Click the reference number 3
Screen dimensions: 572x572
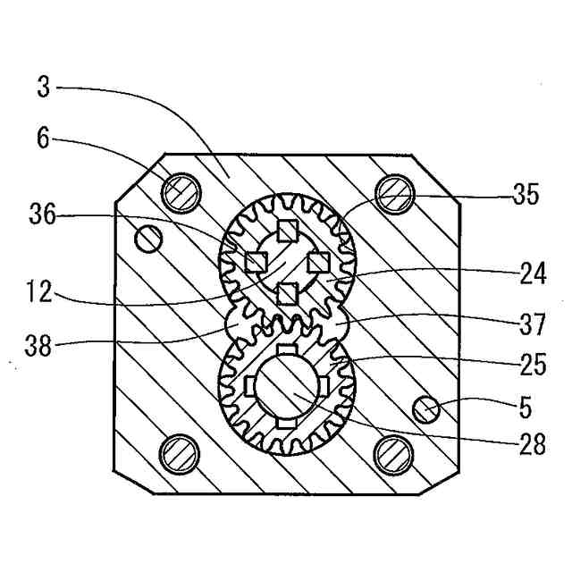tap(44, 88)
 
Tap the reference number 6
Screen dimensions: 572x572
tap(44, 139)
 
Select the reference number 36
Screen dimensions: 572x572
tap(43, 214)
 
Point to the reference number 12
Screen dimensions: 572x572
tap(39, 292)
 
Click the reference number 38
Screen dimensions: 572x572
tap(38, 346)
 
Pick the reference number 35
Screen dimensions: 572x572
tap(526, 195)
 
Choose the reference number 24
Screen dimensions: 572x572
tap(533, 273)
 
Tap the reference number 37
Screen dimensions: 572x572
tap(533, 324)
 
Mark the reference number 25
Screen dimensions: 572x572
tap(533, 365)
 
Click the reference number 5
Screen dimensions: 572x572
tap(526, 408)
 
